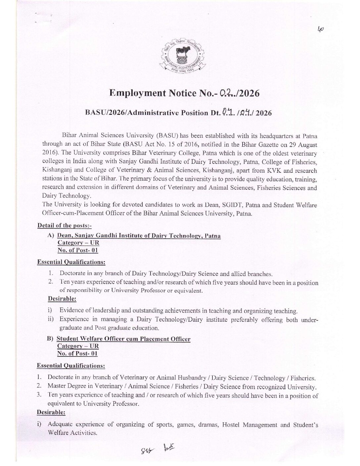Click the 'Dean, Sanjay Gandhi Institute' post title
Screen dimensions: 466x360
(x=139, y=236)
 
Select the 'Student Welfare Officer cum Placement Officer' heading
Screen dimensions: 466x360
(x=124, y=339)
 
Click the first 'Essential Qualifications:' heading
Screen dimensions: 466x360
(x=71, y=262)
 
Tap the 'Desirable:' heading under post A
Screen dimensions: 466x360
(x=62, y=299)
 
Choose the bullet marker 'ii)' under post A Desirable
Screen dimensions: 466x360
(x=51, y=319)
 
